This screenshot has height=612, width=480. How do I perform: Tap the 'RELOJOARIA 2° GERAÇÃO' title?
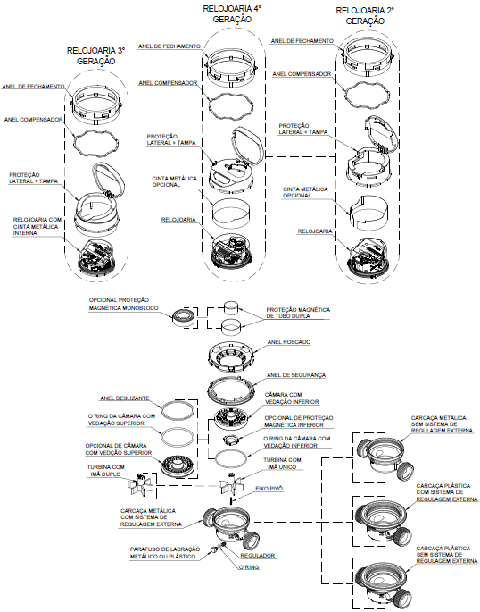365,15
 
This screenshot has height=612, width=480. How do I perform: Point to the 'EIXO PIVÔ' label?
269,489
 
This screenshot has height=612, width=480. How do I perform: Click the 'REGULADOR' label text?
258,556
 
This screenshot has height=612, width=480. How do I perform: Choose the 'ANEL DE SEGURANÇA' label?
296,375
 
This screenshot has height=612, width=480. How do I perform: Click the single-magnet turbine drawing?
231,483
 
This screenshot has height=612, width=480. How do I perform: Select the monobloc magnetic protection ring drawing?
183,317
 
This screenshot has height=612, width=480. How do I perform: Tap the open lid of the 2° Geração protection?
381,135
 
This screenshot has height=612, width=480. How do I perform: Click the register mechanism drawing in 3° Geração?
96,256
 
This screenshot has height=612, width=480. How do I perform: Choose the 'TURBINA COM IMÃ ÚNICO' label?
282,464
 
